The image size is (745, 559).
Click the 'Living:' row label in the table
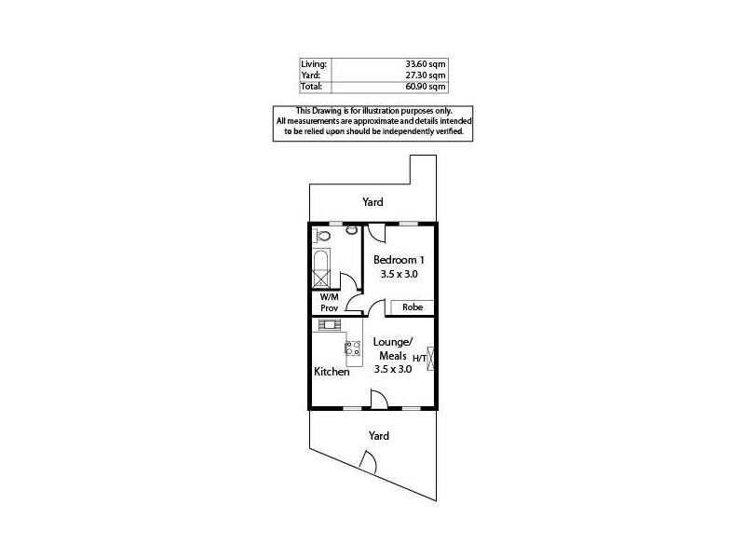click(312, 63)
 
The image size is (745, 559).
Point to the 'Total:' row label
click(311, 86)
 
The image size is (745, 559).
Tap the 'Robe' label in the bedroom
click(413, 307)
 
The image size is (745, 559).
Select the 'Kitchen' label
click(332, 372)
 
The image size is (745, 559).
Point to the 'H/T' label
click(419, 359)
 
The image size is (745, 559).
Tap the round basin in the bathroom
click(352, 230)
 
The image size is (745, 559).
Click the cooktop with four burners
click(354, 349)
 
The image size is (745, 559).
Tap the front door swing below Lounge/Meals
click(379, 400)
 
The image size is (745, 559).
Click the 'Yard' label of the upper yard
click(372, 202)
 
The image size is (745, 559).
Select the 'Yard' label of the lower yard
click(378, 435)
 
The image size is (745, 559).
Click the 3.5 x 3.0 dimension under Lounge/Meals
click(393, 369)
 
